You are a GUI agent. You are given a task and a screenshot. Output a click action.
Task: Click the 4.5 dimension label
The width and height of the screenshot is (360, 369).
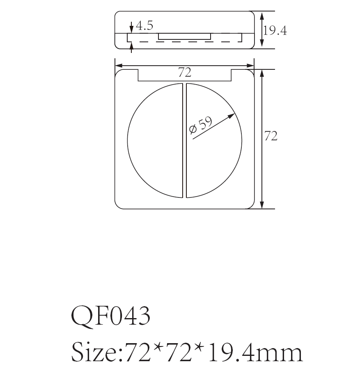pos(144,26)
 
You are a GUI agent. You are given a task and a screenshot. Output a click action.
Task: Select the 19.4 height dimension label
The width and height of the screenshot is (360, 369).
pos(275,30)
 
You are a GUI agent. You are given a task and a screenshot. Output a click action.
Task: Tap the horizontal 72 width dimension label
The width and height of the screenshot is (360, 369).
pos(185,73)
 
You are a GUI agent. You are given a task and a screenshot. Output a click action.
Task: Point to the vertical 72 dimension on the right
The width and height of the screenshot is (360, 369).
pos(271,136)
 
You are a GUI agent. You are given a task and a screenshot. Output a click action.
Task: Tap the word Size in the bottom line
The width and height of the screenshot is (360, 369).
pos(94,352)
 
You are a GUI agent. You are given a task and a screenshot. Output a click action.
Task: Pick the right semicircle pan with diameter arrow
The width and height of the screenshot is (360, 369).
pos(213,164)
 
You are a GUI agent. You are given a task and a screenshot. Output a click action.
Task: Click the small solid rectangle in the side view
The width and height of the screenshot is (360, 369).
pos(185,37)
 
